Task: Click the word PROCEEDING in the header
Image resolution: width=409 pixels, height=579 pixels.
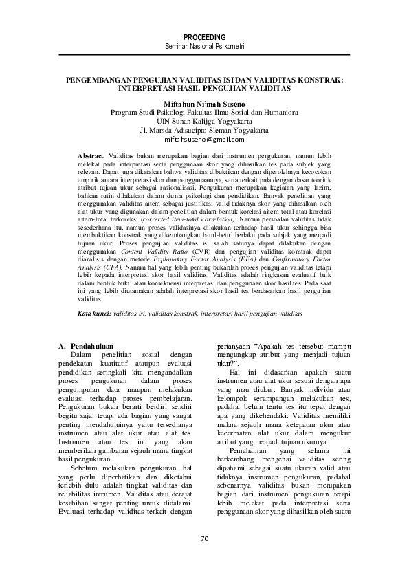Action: pos(204,36)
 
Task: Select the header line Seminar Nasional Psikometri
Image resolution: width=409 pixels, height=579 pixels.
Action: pos(204,45)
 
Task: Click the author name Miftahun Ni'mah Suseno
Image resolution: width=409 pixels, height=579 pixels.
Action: pos(204,101)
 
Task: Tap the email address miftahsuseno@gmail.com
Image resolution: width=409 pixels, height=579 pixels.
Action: pos(204,138)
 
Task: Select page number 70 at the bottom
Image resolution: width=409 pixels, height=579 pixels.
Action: pos(204,538)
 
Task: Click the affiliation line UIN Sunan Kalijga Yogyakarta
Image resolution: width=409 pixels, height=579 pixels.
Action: pos(204,120)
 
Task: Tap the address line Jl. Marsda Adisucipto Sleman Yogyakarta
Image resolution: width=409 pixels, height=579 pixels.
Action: pos(204,129)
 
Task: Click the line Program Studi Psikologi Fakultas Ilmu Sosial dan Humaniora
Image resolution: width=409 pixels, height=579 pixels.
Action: pos(204,110)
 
